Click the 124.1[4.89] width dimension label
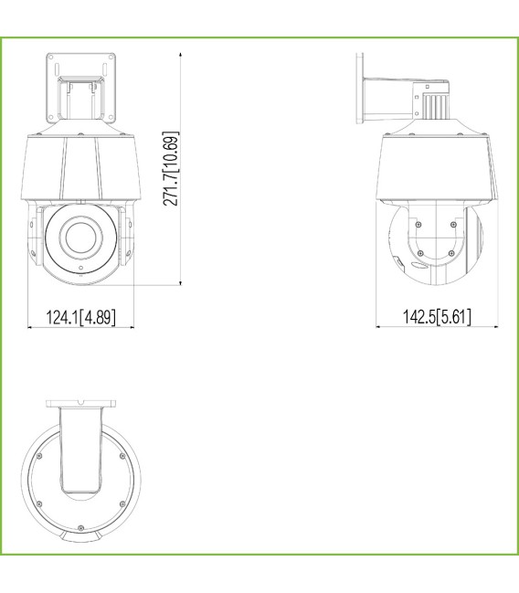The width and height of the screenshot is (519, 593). point(81,318)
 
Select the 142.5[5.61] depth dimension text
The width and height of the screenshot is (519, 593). point(438,318)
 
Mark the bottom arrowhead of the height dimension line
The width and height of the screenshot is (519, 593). point(183,284)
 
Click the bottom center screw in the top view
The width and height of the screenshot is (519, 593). point(80,528)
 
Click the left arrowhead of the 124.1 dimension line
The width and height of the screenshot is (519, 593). point(29,327)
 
